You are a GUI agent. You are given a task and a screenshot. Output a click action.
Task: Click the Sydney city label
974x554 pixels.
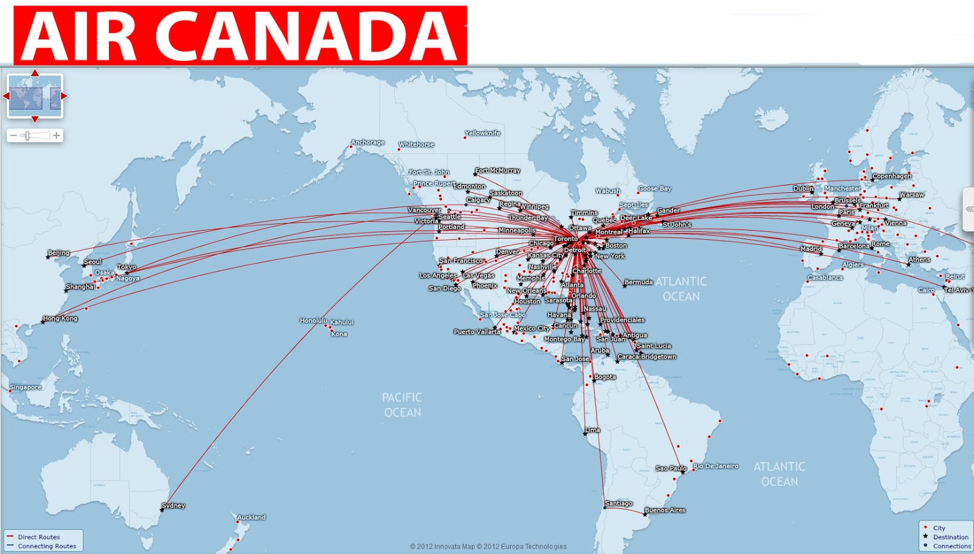173,505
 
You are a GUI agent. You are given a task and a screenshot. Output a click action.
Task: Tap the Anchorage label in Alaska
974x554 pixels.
368,142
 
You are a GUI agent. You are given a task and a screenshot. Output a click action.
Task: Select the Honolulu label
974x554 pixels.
313,320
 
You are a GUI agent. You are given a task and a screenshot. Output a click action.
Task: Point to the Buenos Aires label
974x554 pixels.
665,510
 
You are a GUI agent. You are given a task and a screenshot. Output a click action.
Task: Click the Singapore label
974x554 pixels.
26,387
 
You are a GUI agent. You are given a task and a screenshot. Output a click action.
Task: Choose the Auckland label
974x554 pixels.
251,517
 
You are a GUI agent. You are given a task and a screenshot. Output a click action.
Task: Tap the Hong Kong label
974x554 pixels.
60,318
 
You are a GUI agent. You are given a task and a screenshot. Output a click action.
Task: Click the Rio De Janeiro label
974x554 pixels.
715,466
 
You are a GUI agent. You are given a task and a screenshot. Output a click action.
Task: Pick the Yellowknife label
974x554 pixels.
483,133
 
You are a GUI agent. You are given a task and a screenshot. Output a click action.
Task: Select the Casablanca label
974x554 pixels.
825,278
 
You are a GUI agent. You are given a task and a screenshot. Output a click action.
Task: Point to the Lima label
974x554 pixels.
592,430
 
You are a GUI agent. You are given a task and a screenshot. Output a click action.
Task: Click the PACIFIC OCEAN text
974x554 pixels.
402,405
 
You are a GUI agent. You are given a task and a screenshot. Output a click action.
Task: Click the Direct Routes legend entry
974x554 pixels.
38,537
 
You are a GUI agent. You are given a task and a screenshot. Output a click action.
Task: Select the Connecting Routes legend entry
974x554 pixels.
47,546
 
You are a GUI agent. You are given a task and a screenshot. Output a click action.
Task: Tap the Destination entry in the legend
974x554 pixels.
950,537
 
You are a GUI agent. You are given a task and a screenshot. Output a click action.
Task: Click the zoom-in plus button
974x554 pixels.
57,135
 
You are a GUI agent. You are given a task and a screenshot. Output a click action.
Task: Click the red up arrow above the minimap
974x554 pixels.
35,73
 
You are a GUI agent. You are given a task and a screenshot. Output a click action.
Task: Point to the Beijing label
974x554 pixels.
59,253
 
